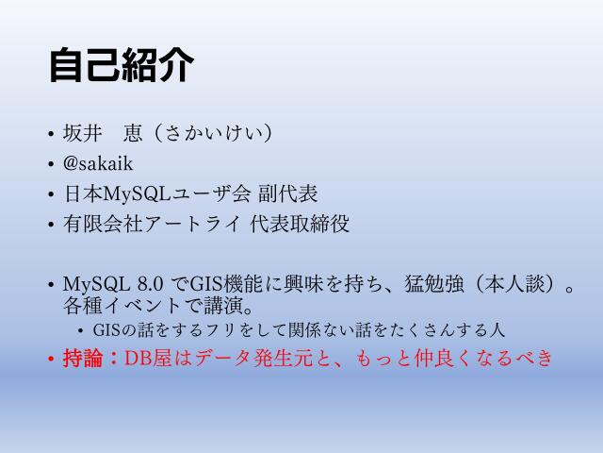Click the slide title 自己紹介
(122, 67)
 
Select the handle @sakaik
(98, 164)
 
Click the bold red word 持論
(83, 359)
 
